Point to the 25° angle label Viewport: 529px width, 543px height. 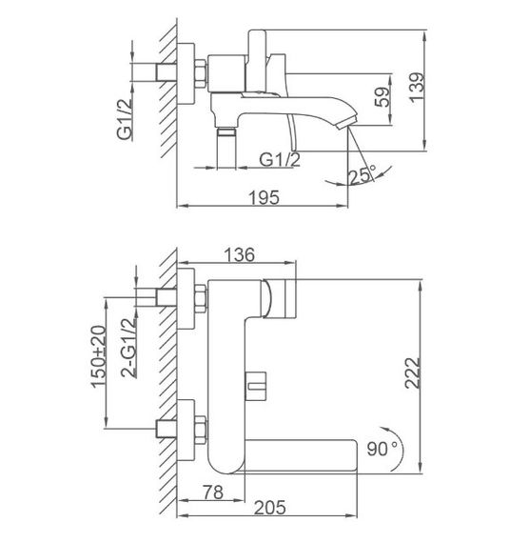362,174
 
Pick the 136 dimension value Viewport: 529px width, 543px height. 241,255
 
